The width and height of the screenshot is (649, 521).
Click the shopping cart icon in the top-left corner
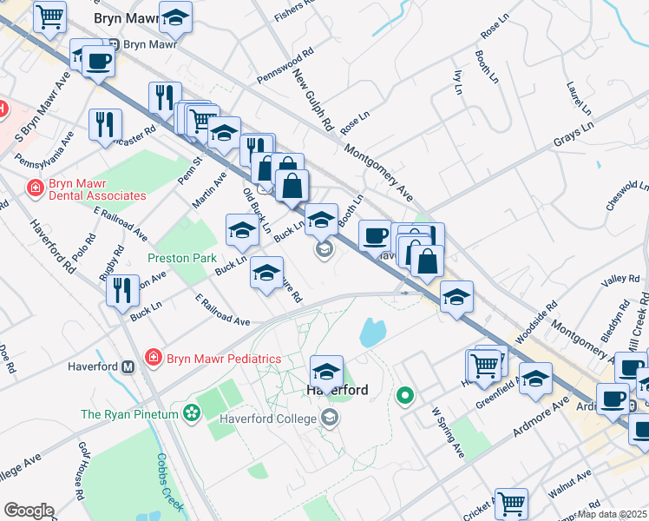point(49,16)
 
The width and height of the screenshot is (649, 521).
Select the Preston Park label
point(182,258)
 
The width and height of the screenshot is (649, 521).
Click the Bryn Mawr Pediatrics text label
point(224,358)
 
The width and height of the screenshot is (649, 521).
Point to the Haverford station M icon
point(128,366)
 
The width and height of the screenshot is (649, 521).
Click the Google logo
point(29,511)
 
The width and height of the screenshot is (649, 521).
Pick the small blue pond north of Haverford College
point(372,331)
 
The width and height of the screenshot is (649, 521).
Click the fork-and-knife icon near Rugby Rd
point(122,288)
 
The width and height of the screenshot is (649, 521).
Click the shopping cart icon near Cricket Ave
point(511,503)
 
